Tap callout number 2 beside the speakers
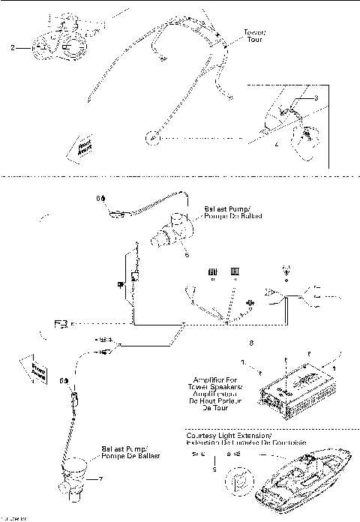click(13, 47)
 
